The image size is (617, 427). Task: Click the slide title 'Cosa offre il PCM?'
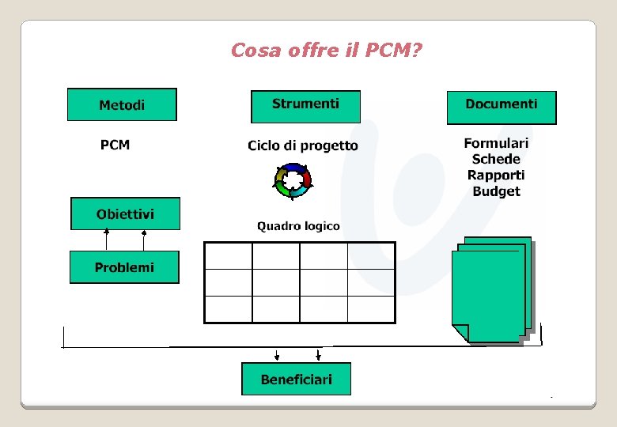(326, 51)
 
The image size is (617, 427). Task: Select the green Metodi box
(122, 104)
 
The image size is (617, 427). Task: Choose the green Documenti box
(502, 107)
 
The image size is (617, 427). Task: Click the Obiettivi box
(125, 213)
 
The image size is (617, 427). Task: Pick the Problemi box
(124, 267)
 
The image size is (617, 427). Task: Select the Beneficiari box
(296, 379)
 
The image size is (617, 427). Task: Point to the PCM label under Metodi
(115, 145)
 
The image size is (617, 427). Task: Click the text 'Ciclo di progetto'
(302, 145)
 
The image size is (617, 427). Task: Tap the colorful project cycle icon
(293, 180)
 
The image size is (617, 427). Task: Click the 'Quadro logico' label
(298, 226)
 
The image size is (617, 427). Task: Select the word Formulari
(496, 143)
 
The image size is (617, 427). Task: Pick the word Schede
(496, 159)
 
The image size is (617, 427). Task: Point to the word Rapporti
(496, 175)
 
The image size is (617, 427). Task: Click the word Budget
(496, 191)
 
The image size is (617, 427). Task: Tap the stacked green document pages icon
(490, 289)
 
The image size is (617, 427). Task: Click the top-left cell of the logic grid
(229, 255)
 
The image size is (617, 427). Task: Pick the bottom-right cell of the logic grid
(371, 308)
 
